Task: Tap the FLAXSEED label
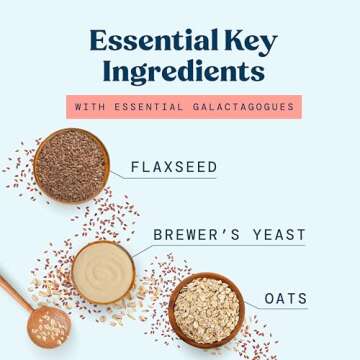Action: click(173, 167)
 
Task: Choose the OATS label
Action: click(286, 299)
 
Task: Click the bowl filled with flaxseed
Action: click(70, 165)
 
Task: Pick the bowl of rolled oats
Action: click(206, 309)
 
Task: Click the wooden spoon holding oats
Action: click(48, 325)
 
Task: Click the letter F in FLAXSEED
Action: click(135, 167)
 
